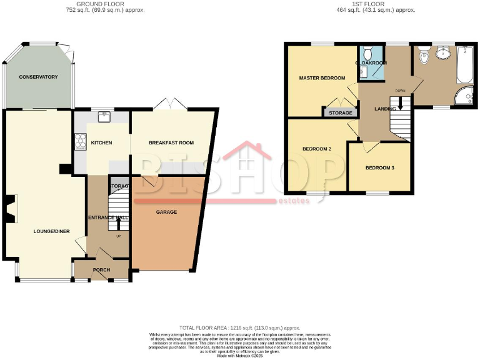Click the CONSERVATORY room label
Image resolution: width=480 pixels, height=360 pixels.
click(x=38, y=77)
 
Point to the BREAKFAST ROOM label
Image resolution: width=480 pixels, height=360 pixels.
click(x=171, y=142)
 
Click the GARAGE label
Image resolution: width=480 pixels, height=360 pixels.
click(x=166, y=212)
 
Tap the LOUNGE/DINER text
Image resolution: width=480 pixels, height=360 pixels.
click(x=51, y=231)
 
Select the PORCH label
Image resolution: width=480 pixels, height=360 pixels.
click(x=101, y=270)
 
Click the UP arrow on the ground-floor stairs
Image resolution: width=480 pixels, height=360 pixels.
click(x=118, y=223)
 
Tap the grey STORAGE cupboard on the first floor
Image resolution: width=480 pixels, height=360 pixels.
click(x=340, y=113)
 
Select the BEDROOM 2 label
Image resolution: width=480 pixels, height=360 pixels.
click(x=316, y=149)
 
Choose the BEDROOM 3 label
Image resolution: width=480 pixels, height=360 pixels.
click(x=380, y=167)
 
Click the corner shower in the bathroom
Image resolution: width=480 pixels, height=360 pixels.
click(x=463, y=96)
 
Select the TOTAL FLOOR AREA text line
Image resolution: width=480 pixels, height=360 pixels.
click(x=240, y=327)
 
